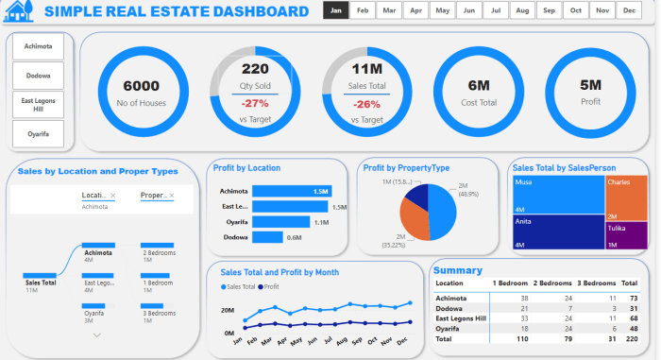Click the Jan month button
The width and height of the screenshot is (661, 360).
coord(335,10)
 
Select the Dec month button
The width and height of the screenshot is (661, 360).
coord(628,10)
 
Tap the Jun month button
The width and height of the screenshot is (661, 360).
coord(468,10)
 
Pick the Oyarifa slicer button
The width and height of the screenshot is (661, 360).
coord(38,134)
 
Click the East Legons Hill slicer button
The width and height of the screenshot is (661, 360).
coord(38,105)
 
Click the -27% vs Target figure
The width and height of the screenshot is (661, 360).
coord(254,103)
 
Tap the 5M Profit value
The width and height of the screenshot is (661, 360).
coord(590,84)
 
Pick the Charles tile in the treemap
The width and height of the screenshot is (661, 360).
coord(626,195)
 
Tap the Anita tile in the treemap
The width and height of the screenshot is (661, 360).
coord(557,231)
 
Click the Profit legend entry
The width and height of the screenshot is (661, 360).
coord(270,286)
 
